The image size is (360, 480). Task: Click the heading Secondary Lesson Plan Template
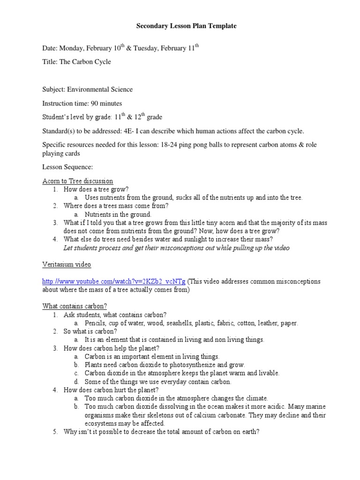tap(187, 26)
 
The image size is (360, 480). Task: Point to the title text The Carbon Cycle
tap(85, 61)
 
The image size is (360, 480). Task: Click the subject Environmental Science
tap(100, 90)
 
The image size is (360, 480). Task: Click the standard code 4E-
tap(141, 132)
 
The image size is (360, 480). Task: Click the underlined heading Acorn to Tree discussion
tap(78, 181)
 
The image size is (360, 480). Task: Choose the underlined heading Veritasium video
tap(67, 265)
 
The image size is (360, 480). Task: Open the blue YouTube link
tap(114, 282)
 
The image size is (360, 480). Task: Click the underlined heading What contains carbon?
tap(75, 306)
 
